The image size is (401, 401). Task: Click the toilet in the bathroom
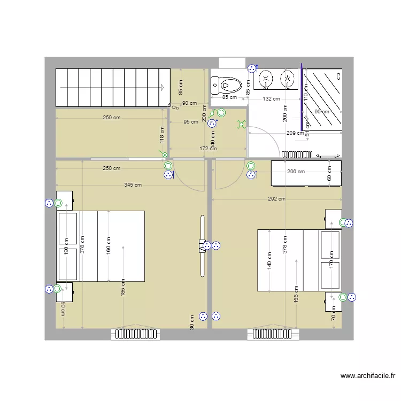(x=227, y=84)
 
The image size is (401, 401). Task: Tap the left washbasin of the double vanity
(x=265, y=79)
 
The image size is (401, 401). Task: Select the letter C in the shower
(x=338, y=76)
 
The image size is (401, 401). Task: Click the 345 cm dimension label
(x=133, y=185)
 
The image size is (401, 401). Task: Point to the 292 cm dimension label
(x=276, y=199)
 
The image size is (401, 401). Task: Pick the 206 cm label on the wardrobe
(x=296, y=172)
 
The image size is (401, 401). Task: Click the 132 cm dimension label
(x=271, y=99)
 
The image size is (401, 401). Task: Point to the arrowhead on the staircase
(x=161, y=87)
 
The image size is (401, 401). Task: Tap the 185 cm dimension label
(x=123, y=288)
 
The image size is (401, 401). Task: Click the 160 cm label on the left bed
(x=108, y=245)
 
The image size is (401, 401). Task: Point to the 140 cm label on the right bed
(x=269, y=260)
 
